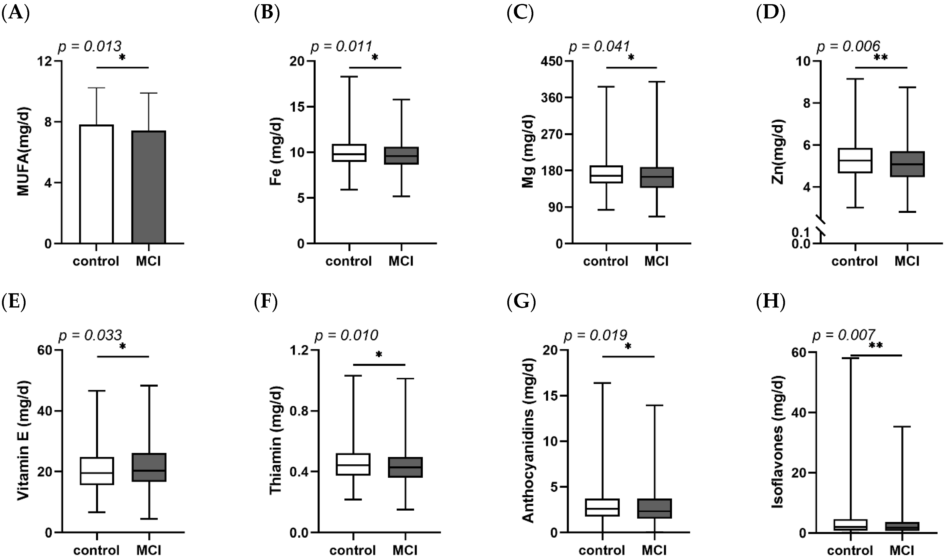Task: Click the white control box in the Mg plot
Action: (606, 174)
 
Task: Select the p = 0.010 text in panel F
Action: (346, 335)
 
